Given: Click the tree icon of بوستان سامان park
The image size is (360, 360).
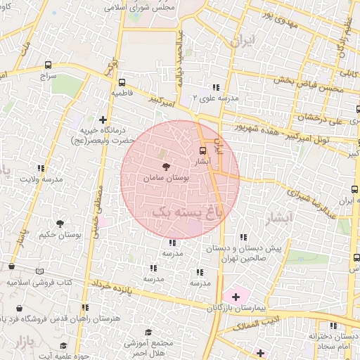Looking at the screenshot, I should click(x=166, y=167).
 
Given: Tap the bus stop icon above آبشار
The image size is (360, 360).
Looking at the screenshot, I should click(x=203, y=150).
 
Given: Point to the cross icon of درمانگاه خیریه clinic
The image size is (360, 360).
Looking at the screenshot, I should click(x=103, y=120).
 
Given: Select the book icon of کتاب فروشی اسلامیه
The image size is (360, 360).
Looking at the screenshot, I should click(x=39, y=271).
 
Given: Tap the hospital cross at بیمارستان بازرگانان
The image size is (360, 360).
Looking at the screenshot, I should click(x=236, y=297).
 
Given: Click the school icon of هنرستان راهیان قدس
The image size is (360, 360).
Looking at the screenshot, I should click(x=85, y=308).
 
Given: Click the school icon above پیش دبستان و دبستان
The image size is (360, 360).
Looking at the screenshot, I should click(x=243, y=237).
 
